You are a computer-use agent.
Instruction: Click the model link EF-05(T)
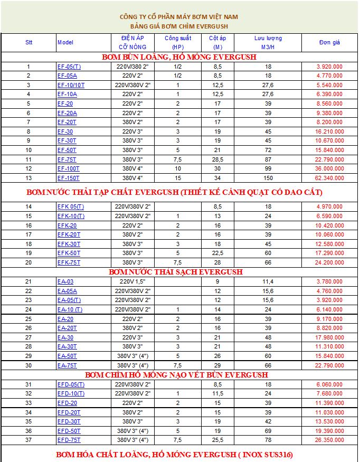click(x=69, y=67)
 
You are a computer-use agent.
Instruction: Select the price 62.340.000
click(x=330, y=178)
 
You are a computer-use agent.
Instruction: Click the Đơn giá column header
click(x=329, y=42)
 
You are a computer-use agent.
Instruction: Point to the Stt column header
click(x=29, y=42)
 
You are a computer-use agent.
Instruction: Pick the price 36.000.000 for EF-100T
click(x=330, y=168)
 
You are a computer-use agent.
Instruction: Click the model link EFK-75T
click(x=69, y=262)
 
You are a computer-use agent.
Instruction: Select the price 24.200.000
click(x=330, y=262)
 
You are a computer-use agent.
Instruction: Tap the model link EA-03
click(x=65, y=281)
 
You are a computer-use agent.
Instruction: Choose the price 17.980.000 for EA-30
click(x=330, y=337)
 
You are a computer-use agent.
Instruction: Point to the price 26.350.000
click(x=330, y=440)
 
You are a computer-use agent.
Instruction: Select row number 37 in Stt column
click(x=29, y=440)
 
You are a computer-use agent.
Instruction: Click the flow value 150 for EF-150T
click(x=268, y=178)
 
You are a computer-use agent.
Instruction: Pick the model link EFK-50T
click(x=69, y=253)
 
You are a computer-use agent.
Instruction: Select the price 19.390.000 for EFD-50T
click(x=330, y=431)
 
